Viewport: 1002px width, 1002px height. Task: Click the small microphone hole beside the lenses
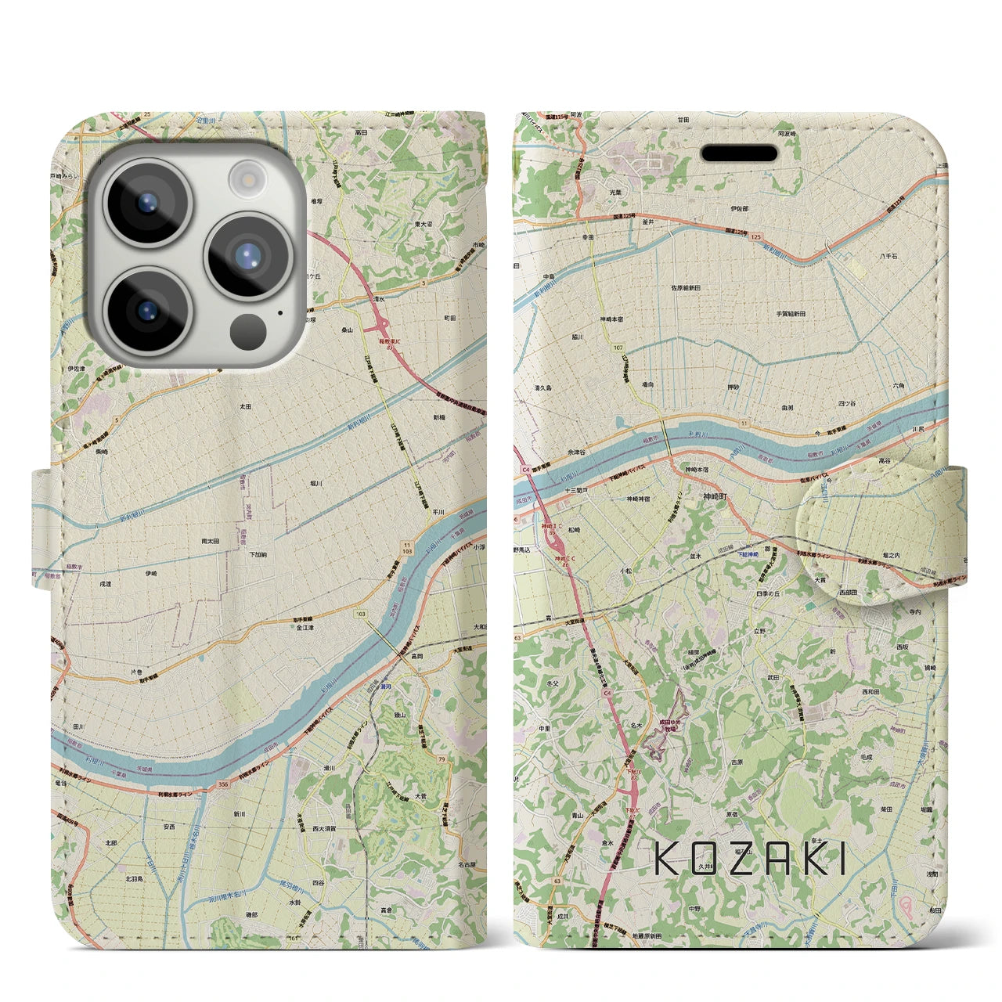[279, 312]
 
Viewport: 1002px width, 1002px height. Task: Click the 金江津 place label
[305, 627]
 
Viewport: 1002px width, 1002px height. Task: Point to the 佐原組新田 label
[683, 288]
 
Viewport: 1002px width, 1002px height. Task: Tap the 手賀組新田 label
[791, 313]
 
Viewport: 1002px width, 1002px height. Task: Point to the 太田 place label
[245, 407]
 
